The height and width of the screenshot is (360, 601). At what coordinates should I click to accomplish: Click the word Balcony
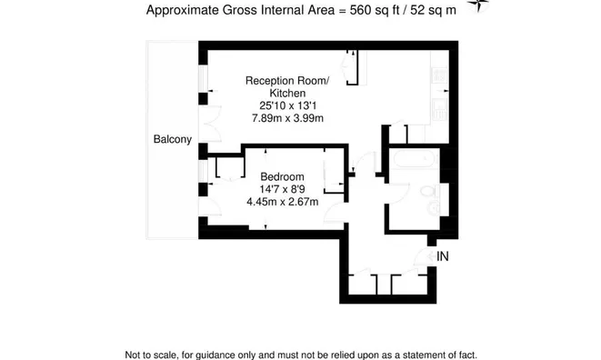tap(172, 139)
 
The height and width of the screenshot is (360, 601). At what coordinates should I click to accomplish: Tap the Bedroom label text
tap(282, 176)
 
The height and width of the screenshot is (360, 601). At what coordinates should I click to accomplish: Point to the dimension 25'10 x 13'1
tap(287, 105)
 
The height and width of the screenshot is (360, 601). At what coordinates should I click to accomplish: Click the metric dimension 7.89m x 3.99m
tap(287, 118)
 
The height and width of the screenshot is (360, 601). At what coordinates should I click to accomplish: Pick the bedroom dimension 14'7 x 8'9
tap(282, 189)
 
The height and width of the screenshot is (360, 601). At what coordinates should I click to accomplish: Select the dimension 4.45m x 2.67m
tap(282, 202)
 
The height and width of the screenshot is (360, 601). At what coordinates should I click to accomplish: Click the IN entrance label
tap(443, 257)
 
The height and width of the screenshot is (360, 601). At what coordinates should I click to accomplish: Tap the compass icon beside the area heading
tap(477, 8)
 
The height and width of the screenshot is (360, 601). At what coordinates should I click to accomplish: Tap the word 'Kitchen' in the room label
tap(287, 93)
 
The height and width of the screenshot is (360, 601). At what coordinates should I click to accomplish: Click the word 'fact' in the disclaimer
tap(466, 355)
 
